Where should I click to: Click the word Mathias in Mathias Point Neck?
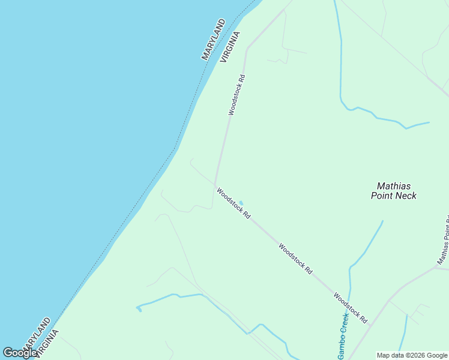[394, 186]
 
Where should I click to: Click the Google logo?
[20, 353]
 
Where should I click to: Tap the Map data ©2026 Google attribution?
[412, 355]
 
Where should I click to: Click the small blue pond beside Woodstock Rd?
[241, 202]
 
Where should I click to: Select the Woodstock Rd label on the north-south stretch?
[237, 94]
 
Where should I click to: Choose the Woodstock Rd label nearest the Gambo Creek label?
[350, 308]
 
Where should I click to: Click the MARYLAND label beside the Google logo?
[37, 334]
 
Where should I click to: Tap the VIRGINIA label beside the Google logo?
[47, 343]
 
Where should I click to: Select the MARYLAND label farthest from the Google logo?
[213, 40]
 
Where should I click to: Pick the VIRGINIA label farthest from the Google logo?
[230, 47]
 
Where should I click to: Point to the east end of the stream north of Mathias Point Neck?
[429, 122]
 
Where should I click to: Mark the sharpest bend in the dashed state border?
[175, 148]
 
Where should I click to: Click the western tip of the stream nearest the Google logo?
[137, 308]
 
